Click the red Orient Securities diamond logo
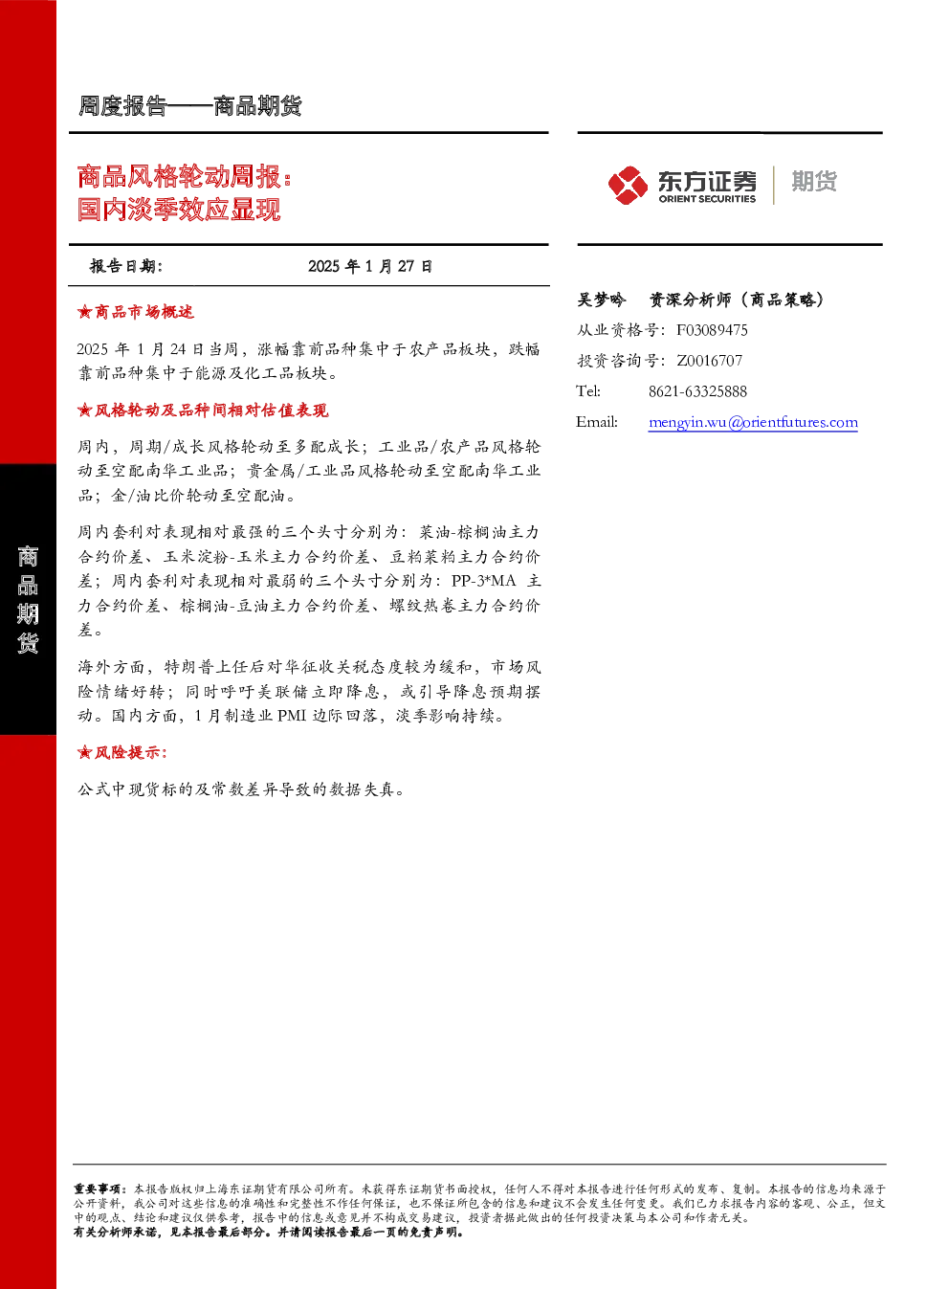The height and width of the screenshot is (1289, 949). (628, 185)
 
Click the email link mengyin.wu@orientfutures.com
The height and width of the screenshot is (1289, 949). (753, 422)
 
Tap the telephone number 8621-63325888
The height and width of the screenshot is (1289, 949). (697, 391)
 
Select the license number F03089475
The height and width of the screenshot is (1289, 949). (712, 330)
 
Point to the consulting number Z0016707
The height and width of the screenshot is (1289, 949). (709, 360)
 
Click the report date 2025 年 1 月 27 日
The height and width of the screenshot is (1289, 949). (370, 266)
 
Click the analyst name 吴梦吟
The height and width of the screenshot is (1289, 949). (601, 300)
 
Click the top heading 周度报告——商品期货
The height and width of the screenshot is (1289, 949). (189, 106)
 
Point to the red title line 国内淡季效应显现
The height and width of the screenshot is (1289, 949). (179, 209)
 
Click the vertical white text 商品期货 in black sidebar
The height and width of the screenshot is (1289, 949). (28, 599)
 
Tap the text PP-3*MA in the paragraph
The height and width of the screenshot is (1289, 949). (484, 581)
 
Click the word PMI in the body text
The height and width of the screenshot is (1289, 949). (292, 715)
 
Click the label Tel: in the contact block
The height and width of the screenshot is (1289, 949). (588, 391)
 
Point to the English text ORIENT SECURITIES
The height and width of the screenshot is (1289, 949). (707, 199)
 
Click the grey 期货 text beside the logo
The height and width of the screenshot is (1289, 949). (814, 181)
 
